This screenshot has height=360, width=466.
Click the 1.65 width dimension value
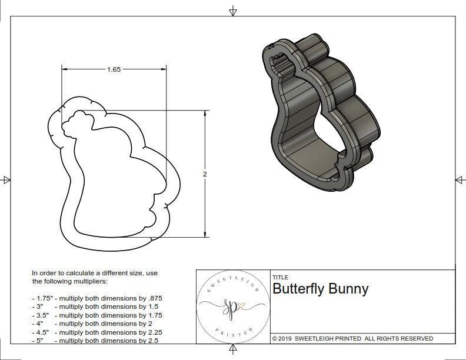(114, 69)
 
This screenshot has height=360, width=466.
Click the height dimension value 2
(205, 174)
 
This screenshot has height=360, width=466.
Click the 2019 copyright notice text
(352, 338)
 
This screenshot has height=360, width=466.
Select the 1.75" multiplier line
(96, 299)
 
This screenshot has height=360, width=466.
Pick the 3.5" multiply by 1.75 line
(96, 315)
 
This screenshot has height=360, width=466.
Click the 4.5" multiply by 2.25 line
(96, 332)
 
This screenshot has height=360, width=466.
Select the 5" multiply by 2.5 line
(94, 340)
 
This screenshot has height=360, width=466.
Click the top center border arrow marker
(234, 10)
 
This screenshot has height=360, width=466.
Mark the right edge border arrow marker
(460, 180)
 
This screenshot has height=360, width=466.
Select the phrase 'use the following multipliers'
(82, 281)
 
